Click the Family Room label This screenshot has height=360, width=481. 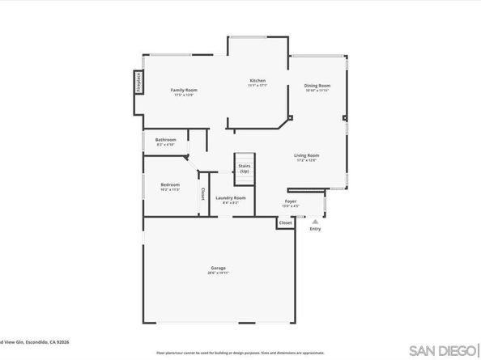pyautogui.click(x=184, y=90)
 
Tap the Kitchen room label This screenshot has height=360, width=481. pyautogui.click(x=258, y=81)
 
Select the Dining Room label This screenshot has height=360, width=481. pyautogui.click(x=317, y=85)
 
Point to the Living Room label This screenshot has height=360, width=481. pyautogui.click(x=306, y=155)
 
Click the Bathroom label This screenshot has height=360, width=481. pyautogui.click(x=166, y=139)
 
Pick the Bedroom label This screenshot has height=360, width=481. pyautogui.click(x=170, y=184)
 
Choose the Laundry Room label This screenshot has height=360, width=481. pyautogui.click(x=230, y=197)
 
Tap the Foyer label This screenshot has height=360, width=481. pyautogui.click(x=290, y=201)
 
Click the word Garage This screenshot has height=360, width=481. pyautogui.click(x=219, y=268)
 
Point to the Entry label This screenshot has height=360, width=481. pyautogui.click(x=315, y=229)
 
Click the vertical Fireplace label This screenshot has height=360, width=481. pyautogui.click(x=138, y=84)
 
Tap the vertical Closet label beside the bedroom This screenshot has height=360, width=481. pyautogui.click(x=202, y=195)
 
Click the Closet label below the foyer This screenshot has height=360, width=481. pyautogui.click(x=284, y=222)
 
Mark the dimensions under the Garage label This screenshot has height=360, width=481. pyautogui.click(x=219, y=273)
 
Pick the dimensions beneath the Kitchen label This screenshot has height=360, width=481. pyautogui.click(x=258, y=86)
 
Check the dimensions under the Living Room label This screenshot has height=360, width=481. pyautogui.click(x=306, y=160)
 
